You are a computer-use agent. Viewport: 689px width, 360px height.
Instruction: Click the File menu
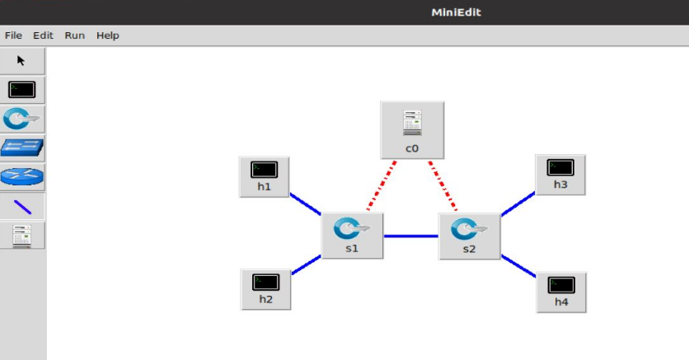click(x=13, y=35)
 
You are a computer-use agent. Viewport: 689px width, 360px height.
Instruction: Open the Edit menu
click(x=43, y=35)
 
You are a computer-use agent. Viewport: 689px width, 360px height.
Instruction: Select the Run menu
click(x=75, y=35)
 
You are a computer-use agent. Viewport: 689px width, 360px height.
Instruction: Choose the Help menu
click(x=108, y=35)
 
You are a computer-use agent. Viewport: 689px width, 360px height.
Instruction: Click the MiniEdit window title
click(x=456, y=12)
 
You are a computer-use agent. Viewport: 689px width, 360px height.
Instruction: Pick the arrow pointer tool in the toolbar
click(x=21, y=60)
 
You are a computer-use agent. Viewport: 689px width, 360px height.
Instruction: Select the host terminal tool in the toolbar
click(x=21, y=90)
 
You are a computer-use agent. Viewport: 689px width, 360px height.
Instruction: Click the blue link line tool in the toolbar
click(x=21, y=207)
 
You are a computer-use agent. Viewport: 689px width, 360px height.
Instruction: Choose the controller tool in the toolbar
click(x=21, y=236)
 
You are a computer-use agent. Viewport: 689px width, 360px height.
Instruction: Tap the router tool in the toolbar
click(x=21, y=176)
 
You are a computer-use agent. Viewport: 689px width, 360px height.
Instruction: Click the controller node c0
click(x=412, y=129)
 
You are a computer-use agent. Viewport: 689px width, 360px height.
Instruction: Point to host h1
click(x=264, y=175)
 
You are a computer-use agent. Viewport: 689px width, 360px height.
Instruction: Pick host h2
click(x=265, y=288)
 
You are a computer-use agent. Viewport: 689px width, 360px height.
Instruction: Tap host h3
click(x=560, y=173)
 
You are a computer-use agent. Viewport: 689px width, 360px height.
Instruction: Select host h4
click(x=561, y=291)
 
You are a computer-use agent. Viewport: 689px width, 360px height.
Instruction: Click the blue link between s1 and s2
click(x=410, y=236)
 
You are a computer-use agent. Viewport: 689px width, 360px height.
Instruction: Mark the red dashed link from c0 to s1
click(x=382, y=186)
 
